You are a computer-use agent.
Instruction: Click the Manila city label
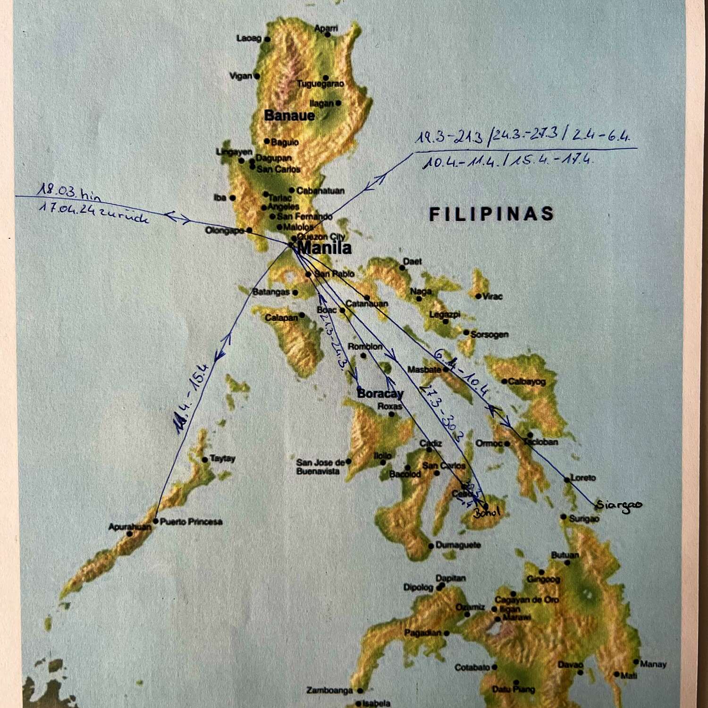325,248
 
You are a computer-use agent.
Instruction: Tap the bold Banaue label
289,116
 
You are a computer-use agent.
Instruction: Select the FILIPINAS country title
491,214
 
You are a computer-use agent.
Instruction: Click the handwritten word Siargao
619,505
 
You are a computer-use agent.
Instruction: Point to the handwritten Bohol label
487,513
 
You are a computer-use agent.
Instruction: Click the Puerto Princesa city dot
156,521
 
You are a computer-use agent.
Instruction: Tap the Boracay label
380,393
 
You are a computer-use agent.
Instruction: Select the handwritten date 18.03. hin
68,193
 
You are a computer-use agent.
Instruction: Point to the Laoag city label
249,38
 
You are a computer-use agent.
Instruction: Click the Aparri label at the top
326,28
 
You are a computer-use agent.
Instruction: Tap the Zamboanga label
329,691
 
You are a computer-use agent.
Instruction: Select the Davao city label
570,665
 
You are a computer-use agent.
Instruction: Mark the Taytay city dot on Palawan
205,459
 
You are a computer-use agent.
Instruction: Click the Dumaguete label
457,545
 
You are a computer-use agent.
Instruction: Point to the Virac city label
493,296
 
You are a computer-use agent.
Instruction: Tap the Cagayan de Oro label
526,600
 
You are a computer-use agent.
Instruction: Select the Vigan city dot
257,76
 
